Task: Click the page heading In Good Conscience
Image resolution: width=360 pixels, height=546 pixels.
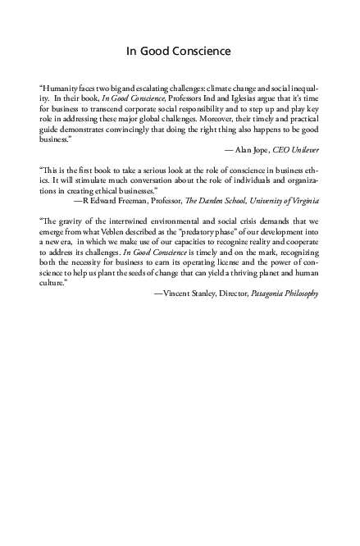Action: pos(179,52)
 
